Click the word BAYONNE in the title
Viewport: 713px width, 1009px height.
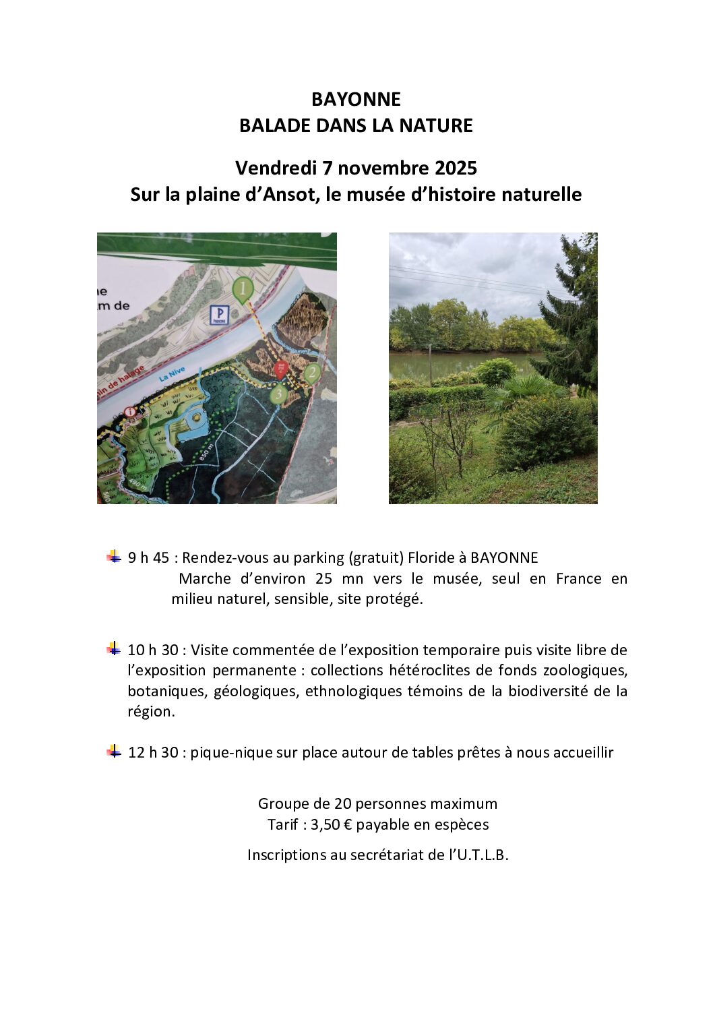[x=356, y=100]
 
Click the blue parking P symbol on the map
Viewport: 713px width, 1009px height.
[x=219, y=314]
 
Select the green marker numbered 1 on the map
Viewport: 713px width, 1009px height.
[x=243, y=291]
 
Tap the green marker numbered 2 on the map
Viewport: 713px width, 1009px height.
[x=311, y=373]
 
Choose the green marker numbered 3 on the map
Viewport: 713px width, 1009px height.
[x=279, y=394]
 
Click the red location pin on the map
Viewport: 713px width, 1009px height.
[x=282, y=368]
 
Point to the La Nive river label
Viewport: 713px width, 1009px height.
[x=172, y=375]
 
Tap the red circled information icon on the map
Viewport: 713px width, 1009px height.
[x=130, y=411]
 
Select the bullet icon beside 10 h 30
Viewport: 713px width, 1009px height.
[x=114, y=648]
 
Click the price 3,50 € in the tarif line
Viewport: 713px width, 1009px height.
[x=331, y=825]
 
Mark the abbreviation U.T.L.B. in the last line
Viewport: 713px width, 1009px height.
[x=483, y=855]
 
